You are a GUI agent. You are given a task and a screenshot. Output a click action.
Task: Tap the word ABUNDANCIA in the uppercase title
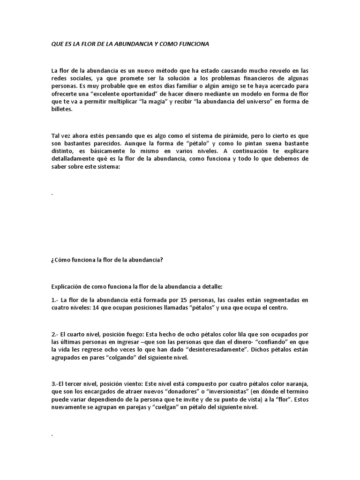(x=130, y=44)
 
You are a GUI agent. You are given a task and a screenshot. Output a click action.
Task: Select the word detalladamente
(x=74, y=159)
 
